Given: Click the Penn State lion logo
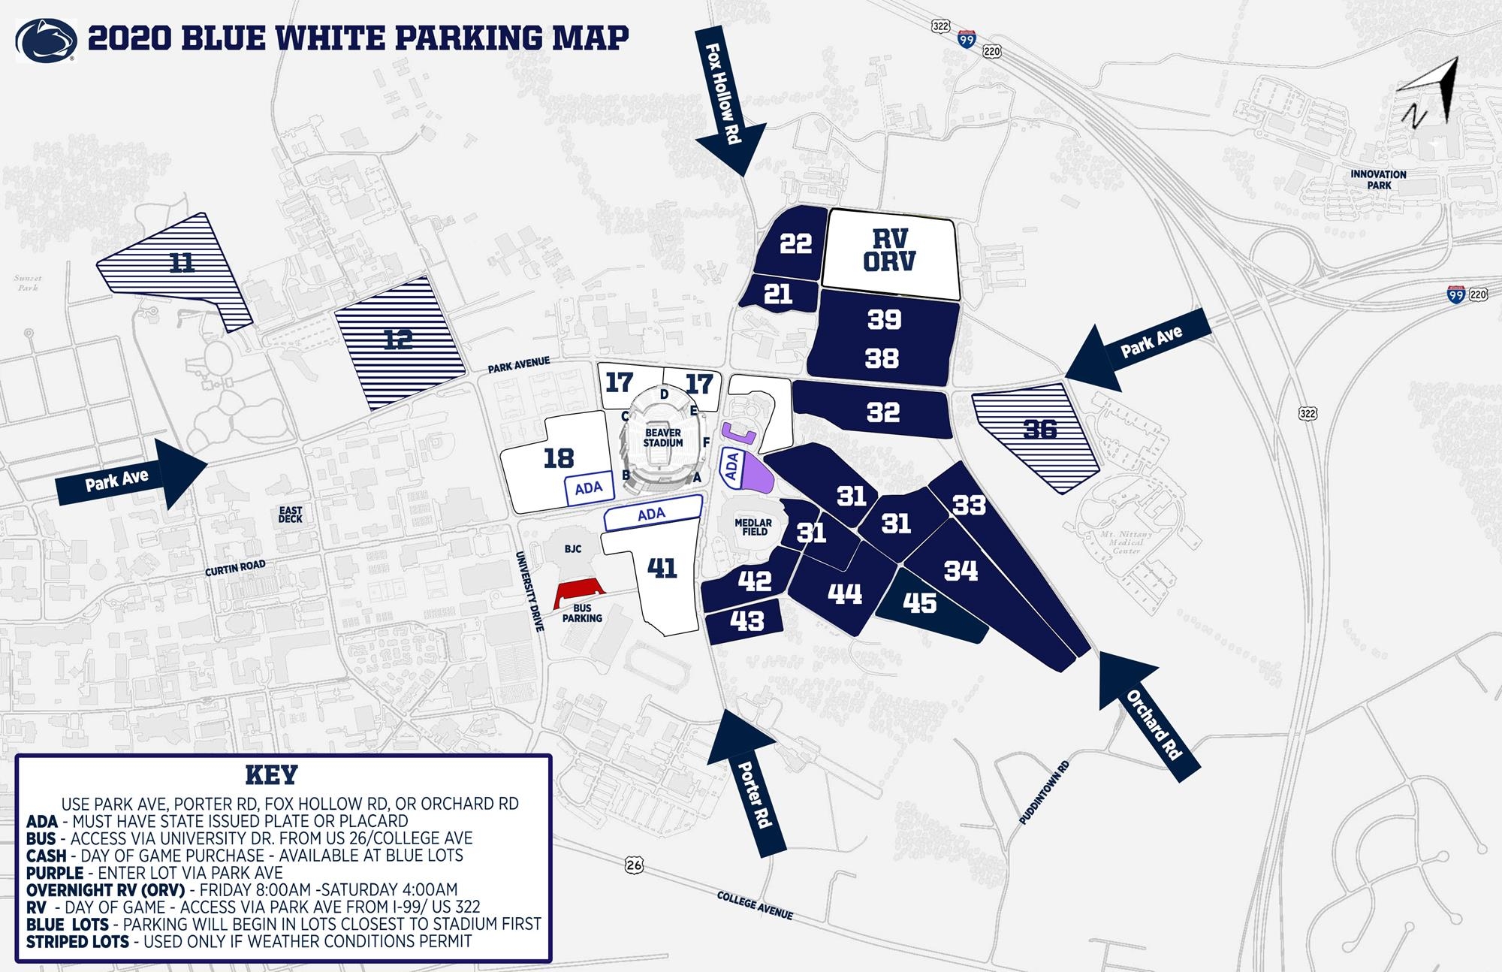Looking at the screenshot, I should [x=46, y=40].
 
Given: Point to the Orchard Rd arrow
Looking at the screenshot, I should [x=1149, y=710].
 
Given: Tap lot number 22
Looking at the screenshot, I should [x=795, y=243].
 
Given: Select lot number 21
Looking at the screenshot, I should [x=778, y=294].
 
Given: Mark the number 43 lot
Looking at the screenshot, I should [x=746, y=620].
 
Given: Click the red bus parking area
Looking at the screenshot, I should [x=579, y=593].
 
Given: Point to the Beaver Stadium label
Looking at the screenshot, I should [x=663, y=438].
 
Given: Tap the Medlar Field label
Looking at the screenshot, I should [x=753, y=527].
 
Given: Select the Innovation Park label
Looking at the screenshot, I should [x=1378, y=180].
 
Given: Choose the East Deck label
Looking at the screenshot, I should [x=291, y=515].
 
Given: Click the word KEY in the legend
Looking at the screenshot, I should [x=271, y=774].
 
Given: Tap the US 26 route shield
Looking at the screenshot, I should [x=634, y=866].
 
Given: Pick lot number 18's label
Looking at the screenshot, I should [x=558, y=458].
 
